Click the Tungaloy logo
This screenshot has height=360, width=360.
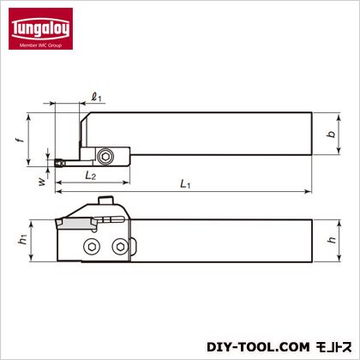40,28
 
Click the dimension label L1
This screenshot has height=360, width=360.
185,184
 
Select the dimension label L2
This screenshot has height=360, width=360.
91,176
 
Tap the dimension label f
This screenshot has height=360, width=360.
19,140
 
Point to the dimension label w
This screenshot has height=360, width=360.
42,182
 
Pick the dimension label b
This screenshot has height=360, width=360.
331,134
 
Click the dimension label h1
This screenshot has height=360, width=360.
23,239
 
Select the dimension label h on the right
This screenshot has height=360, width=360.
332,239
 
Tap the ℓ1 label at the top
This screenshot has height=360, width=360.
97,98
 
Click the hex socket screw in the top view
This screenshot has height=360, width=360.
105,156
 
